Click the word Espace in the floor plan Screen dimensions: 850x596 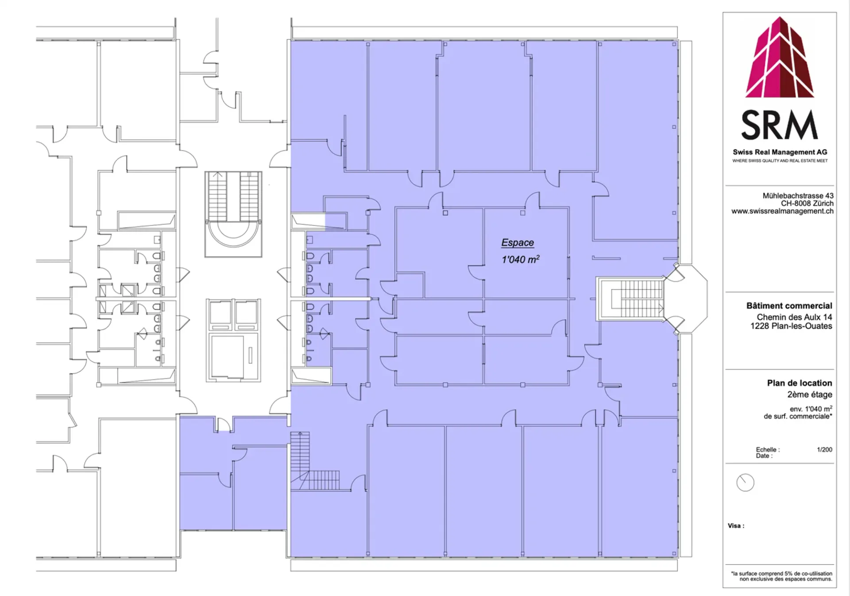pos(518,242)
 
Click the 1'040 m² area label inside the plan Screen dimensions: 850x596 pos(520,259)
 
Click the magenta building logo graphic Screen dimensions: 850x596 pos(780,57)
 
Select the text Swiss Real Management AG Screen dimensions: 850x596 pos(780,152)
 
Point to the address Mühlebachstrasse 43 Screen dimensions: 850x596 pos(798,195)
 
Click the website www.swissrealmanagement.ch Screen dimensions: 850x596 pos(782,211)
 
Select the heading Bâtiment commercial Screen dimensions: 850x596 pos(789,306)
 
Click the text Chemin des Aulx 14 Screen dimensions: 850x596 pos(794,317)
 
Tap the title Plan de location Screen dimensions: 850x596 pos(800,383)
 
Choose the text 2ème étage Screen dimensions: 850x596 pos(810,394)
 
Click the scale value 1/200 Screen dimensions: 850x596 pos(824,449)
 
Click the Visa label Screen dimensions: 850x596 pos(736,526)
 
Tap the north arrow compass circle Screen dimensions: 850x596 pos(745,483)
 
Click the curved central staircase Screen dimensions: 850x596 pos(233,214)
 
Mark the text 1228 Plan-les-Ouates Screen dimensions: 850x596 pos(791,326)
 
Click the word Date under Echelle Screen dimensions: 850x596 pos(764,456)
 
